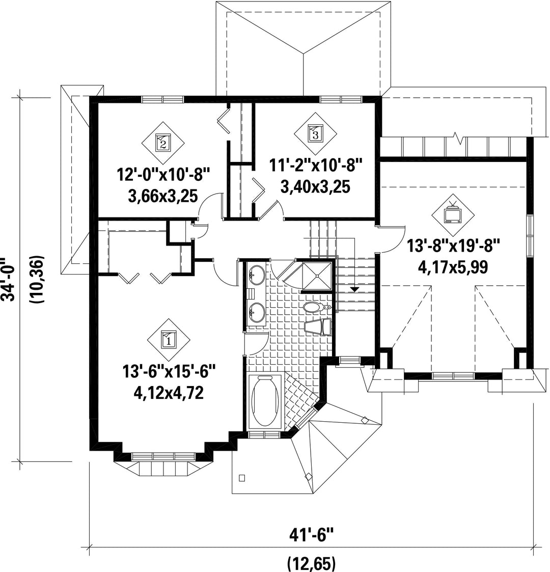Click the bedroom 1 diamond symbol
169,340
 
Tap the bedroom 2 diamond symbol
162,143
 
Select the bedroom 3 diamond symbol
315,133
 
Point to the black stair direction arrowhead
354,289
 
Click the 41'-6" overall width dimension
312,535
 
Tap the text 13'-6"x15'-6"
169,373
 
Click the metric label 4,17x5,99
453,268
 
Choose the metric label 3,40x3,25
315,186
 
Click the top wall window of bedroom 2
162,99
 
